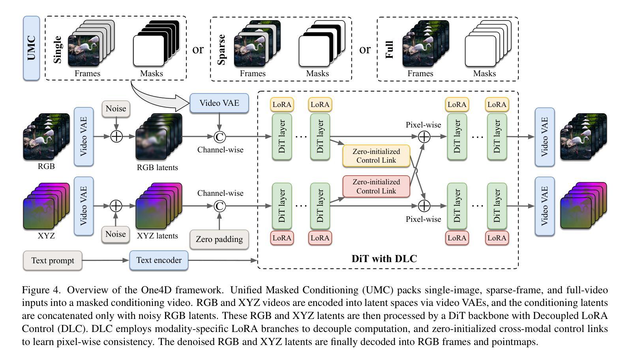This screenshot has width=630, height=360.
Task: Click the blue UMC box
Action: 31,48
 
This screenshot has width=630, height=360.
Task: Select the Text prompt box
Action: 52,261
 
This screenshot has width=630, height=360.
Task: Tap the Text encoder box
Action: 159,260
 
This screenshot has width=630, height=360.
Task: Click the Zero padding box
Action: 219,239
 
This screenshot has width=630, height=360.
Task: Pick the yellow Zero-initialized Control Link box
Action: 376,156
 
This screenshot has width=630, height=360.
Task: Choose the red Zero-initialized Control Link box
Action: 376,186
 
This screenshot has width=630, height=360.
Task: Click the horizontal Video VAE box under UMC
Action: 219,103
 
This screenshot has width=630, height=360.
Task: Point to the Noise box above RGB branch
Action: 116,109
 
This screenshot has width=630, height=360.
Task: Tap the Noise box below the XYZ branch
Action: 116,234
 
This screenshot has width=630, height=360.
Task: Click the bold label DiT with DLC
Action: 384,259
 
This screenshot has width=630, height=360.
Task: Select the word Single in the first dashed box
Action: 58,49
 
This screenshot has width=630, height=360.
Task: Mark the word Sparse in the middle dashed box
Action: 221,49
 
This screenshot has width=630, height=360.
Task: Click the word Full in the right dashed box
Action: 390,49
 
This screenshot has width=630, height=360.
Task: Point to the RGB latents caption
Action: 157,167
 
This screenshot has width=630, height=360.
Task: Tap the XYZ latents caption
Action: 157,236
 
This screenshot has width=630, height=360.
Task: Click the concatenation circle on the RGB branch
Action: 219,137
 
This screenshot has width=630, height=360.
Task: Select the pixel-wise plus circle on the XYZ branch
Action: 424,206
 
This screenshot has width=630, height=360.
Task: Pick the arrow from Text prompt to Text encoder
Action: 105,261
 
